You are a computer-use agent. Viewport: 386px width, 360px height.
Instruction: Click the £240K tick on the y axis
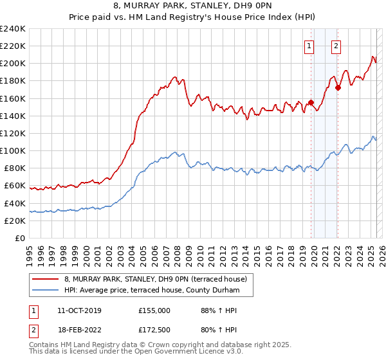(x=13, y=29)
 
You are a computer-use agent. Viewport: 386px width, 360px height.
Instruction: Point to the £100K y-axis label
(x=13, y=150)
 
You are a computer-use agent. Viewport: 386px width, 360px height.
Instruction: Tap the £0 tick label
(x=21, y=238)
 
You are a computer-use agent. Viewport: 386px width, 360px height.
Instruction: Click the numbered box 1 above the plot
(x=309, y=46)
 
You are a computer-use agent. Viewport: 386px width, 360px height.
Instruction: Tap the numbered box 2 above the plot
(x=336, y=46)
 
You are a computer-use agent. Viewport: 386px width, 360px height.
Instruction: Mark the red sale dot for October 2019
(x=311, y=102)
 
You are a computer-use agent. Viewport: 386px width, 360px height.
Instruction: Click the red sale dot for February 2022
(x=338, y=87)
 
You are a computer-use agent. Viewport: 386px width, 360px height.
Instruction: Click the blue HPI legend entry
(x=151, y=291)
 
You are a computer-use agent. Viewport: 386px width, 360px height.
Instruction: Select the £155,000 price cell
(x=154, y=310)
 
